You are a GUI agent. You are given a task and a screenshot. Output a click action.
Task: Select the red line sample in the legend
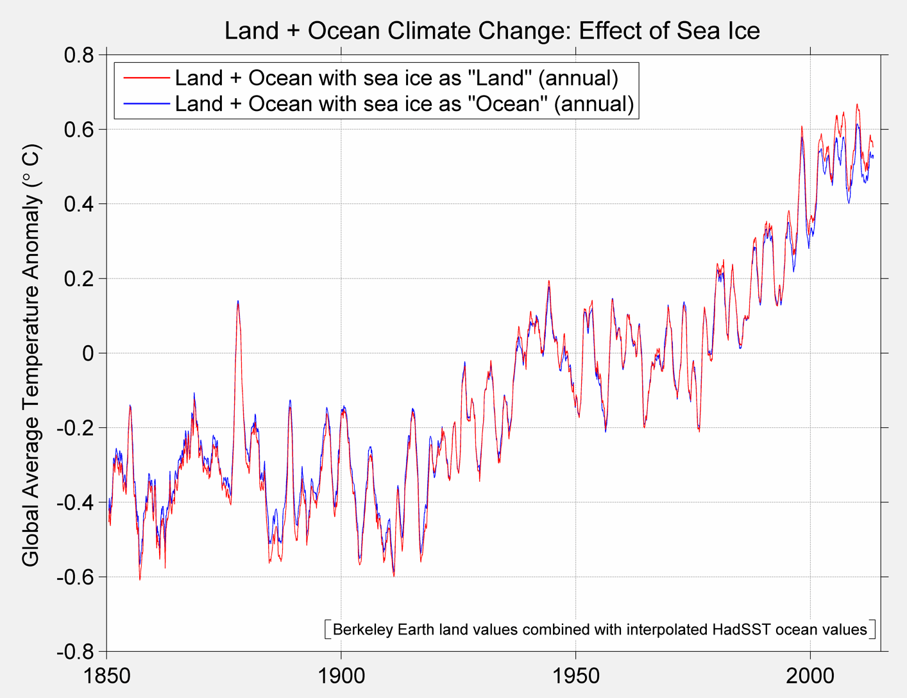click(x=146, y=78)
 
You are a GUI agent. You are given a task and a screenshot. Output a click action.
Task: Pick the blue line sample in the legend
click(x=146, y=103)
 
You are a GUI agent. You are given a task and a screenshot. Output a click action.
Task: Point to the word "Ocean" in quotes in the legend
click(x=509, y=103)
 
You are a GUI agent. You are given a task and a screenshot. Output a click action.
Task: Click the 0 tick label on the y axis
click(x=88, y=353)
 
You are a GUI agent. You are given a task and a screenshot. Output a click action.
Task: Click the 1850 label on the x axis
click(x=106, y=676)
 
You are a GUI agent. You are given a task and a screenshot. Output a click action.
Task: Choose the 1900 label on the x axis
click(x=341, y=676)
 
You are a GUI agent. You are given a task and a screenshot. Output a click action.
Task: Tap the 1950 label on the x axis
click(x=575, y=676)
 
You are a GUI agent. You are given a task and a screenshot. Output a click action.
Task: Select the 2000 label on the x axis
click(x=810, y=676)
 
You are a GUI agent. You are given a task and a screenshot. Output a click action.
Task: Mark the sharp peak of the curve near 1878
click(x=238, y=302)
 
